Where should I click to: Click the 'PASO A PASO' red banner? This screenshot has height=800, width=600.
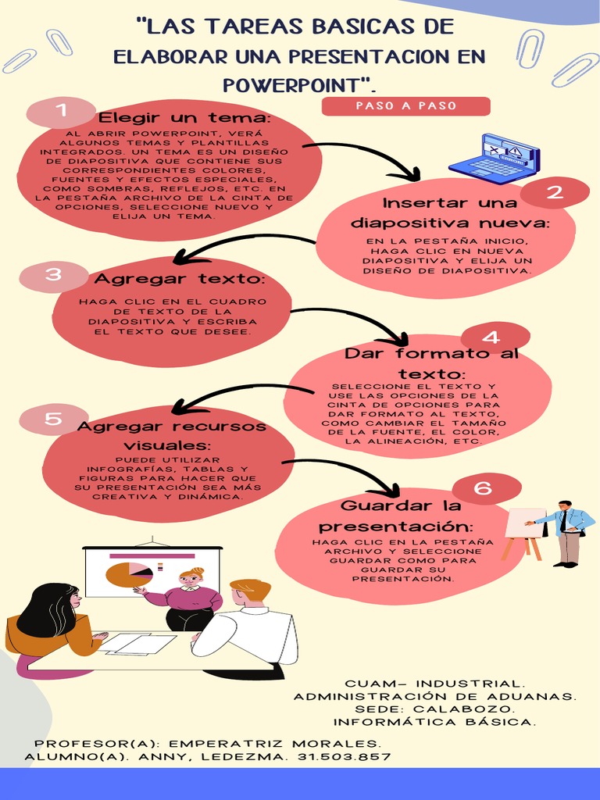point(405,106)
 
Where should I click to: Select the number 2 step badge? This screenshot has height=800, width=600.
point(555,193)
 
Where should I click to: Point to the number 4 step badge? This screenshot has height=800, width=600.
point(491,337)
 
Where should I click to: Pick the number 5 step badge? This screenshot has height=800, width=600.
point(53,420)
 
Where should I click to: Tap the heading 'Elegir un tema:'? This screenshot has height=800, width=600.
point(184,118)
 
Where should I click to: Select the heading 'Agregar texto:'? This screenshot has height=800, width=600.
point(180,279)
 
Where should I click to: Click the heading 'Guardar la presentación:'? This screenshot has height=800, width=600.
point(396,516)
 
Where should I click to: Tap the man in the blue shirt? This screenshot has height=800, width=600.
point(569,533)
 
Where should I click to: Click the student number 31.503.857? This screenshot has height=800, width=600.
point(345,757)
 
